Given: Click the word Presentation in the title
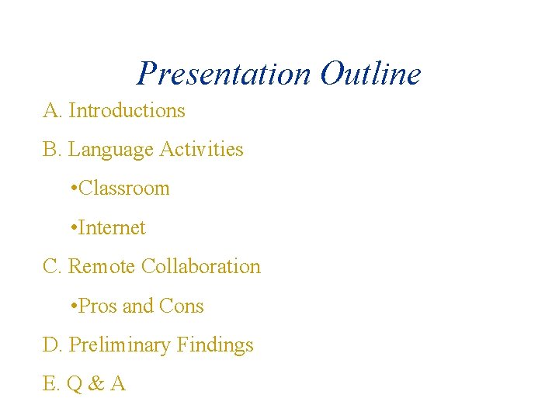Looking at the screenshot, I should point(224,74).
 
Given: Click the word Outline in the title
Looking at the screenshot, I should point(370,74).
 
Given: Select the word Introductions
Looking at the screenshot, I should point(127,110).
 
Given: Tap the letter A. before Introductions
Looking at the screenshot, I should point(52,110).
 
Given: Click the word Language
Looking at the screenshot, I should point(111,149).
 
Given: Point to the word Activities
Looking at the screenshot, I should point(201,149).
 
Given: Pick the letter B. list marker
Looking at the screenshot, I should point(52,149).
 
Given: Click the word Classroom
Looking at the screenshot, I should point(124,189).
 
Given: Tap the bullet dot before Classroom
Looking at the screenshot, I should point(72,189).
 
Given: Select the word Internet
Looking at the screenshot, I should point(112,227).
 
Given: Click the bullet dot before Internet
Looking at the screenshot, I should point(72,227).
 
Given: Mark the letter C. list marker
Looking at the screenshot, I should point(52,266).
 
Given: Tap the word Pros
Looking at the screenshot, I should point(97,306).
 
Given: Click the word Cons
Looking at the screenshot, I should point(181,306).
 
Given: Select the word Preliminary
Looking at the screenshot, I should point(120,345).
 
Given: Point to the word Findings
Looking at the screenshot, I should point(215,345).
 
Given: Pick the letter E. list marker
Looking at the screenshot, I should point(51,384).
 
